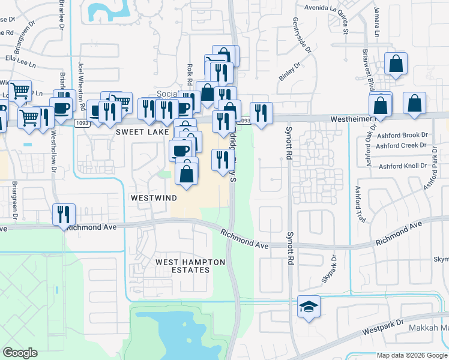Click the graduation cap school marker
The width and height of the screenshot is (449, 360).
(309, 308)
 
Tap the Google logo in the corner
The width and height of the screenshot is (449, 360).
(20, 353)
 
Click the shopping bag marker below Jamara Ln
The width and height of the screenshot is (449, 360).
(396, 64)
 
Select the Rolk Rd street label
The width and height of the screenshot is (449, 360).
(188, 74)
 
